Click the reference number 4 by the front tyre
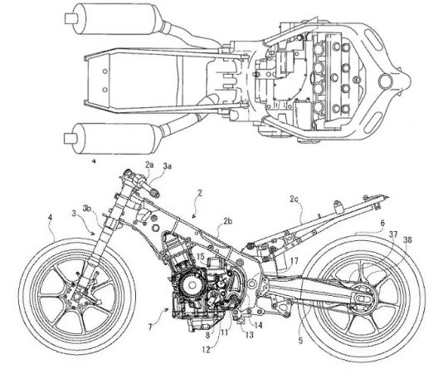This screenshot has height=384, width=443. (x=50, y=218)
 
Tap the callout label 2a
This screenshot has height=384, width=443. (x=149, y=165)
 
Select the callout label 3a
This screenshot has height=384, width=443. (x=168, y=166)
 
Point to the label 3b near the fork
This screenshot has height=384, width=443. (x=87, y=209)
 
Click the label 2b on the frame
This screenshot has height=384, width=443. (x=227, y=222)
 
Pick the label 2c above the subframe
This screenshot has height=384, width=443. (x=294, y=199)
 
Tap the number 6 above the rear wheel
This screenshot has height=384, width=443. (x=382, y=224)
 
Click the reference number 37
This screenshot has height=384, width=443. (x=393, y=234)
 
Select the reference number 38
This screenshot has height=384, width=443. (x=407, y=240)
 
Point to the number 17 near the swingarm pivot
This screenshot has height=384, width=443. (x=295, y=261)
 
